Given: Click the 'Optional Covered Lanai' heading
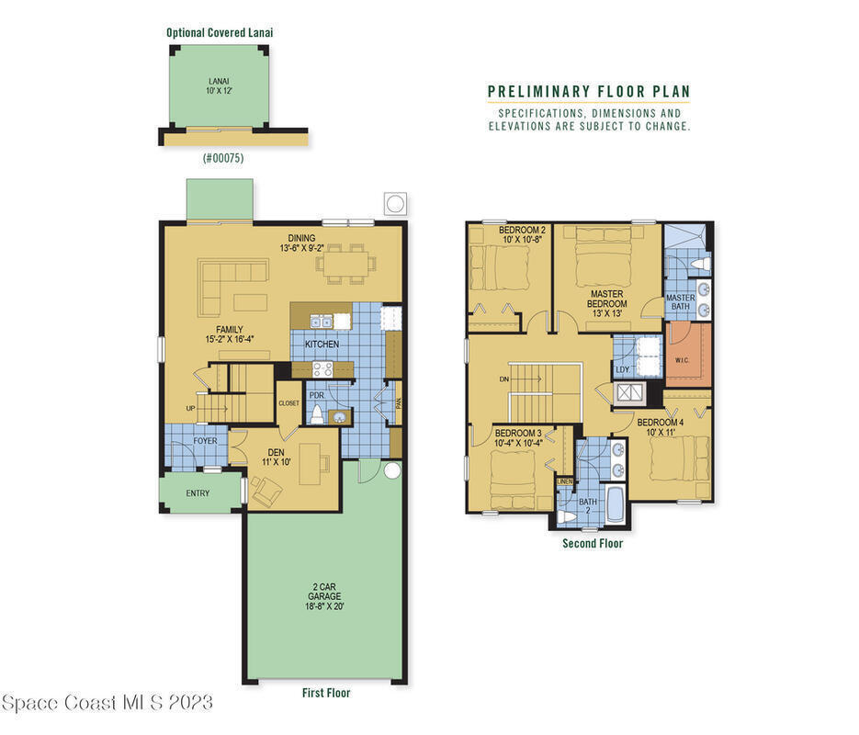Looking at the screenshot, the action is pyautogui.click(x=220, y=32).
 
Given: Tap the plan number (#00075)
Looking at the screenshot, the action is pyautogui.click(x=223, y=158).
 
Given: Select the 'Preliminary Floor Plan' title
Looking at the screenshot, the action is pyautogui.click(x=589, y=92).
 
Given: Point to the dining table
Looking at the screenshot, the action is pyautogui.click(x=345, y=264).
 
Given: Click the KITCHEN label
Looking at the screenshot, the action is pyautogui.click(x=322, y=344).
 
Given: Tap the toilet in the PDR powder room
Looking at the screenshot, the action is pyautogui.click(x=317, y=414).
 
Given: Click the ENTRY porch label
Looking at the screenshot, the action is pyautogui.click(x=198, y=493).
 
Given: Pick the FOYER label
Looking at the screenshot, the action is pyautogui.click(x=205, y=441).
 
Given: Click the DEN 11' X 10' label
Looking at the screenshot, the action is pyautogui.click(x=277, y=457).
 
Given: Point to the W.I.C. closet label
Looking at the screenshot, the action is pyautogui.click(x=682, y=360).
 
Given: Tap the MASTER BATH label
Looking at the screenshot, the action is pyautogui.click(x=681, y=301).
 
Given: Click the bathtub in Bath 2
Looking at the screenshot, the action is pyautogui.click(x=616, y=503).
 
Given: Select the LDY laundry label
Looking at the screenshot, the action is pyautogui.click(x=622, y=369).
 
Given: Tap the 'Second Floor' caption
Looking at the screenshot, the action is pyautogui.click(x=593, y=543).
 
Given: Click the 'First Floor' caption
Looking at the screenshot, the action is pyautogui.click(x=326, y=693).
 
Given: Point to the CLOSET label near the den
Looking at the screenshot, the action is pyautogui.click(x=288, y=403).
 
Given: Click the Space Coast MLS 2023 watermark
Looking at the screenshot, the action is pyautogui.click(x=107, y=703).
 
